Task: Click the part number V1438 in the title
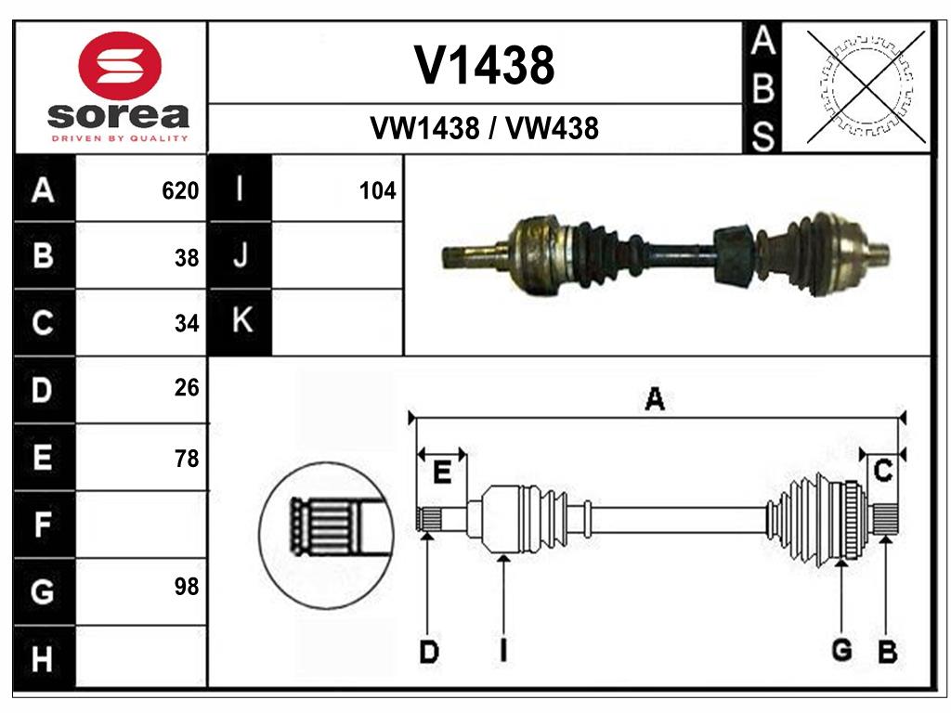(x=484, y=65)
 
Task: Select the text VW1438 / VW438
(x=484, y=128)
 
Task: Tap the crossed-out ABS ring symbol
(x=866, y=86)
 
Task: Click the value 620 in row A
(x=180, y=191)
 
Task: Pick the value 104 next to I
(x=377, y=191)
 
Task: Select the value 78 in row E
(x=187, y=459)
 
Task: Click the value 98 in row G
(x=187, y=587)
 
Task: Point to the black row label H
(x=43, y=659)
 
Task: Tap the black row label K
(x=241, y=321)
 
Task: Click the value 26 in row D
(x=187, y=388)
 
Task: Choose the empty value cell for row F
(x=139, y=525)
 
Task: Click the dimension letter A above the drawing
(x=655, y=400)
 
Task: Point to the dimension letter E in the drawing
(x=443, y=473)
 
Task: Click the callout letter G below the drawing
(x=841, y=650)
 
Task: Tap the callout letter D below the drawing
(x=428, y=652)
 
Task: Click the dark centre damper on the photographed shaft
(x=734, y=255)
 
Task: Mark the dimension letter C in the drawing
(x=884, y=471)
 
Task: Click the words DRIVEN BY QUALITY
(x=118, y=138)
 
